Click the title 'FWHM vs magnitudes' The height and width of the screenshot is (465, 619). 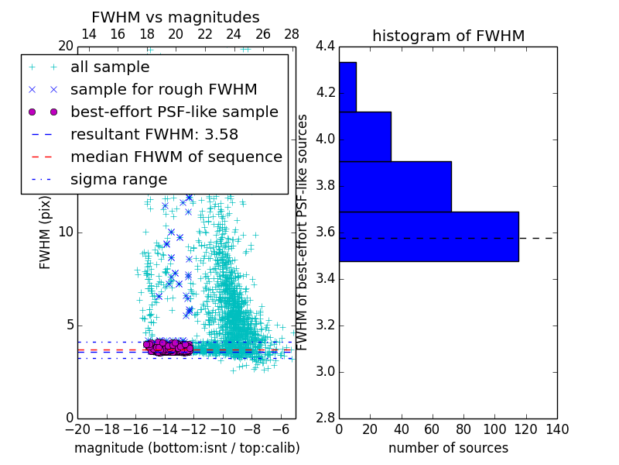pyautogui.click(x=175, y=17)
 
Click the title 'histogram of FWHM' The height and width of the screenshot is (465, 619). pyautogui.click(x=448, y=36)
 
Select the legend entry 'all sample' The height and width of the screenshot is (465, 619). pyautogui.click(x=110, y=67)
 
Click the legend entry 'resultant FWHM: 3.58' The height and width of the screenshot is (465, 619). pyautogui.click(x=154, y=135)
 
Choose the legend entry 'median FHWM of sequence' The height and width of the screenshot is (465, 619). pyautogui.click(x=176, y=157)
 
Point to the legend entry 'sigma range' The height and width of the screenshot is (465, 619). pyautogui.click(x=118, y=180)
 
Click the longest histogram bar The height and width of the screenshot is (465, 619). pyautogui.click(x=429, y=236)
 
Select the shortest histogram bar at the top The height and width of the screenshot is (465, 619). pyautogui.click(x=347, y=87)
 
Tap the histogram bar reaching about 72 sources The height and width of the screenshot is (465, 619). pyautogui.click(x=395, y=186)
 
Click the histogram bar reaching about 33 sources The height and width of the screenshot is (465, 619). pyautogui.click(x=364, y=136)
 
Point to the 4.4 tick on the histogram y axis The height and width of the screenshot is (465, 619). pyautogui.click(x=326, y=46)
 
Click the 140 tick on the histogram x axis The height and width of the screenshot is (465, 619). pyautogui.click(x=556, y=429)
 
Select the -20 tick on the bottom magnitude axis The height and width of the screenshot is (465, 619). pyautogui.click(x=77, y=429)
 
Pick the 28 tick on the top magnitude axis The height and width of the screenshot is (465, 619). pyautogui.click(x=292, y=34)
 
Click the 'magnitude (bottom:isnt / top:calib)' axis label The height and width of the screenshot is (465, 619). pyautogui.click(x=186, y=448)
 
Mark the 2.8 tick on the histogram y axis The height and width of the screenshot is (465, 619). pyautogui.click(x=326, y=418)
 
